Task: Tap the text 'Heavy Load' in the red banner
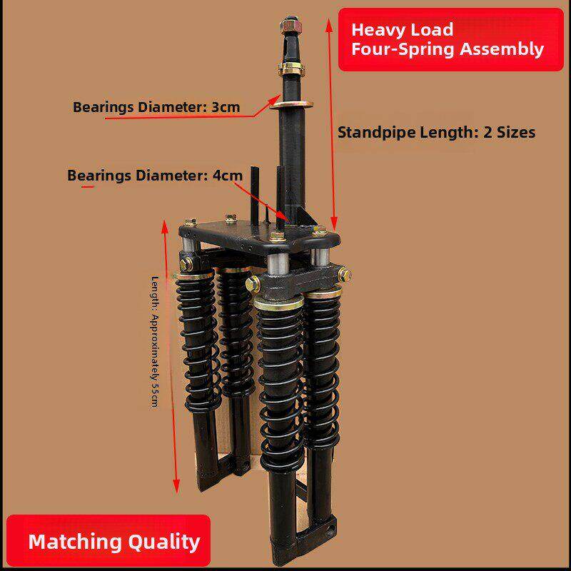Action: coord(403,29)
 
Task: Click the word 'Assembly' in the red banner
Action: coord(502,49)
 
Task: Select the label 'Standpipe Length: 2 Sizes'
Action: coord(437,132)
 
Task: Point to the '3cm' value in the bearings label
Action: coord(226,108)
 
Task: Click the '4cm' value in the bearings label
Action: coord(228,176)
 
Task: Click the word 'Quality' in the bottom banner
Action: coord(164,542)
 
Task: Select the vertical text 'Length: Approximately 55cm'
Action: coord(155,342)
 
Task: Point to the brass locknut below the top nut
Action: coord(293,68)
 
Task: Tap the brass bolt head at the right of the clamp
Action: coord(345,276)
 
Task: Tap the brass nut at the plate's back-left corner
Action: coord(190,222)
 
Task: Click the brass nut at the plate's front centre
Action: coord(277,236)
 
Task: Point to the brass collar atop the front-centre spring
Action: coord(279,303)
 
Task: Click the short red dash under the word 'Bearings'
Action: coord(88,187)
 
